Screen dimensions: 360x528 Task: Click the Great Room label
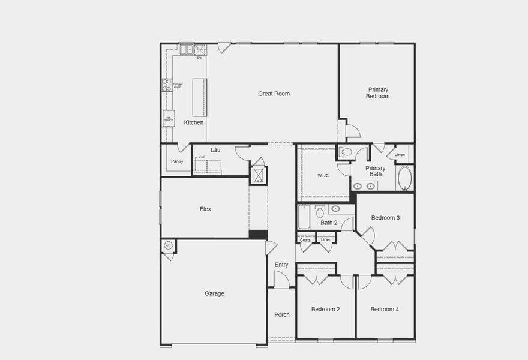pyautogui.click(x=274, y=94)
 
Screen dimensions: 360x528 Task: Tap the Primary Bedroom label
pyautogui.click(x=378, y=93)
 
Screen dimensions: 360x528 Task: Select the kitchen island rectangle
pyautogui.click(x=199, y=97)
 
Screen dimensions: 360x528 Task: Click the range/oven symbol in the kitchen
pyautogui.click(x=167, y=85)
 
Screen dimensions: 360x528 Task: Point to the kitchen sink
pyautogui.click(x=187, y=50)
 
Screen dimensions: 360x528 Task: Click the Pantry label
pyautogui.click(x=177, y=161)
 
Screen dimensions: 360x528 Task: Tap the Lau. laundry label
pyautogui.click(x=216, y=150)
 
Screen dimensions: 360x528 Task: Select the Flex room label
pyautogui.click(x=205, y=209)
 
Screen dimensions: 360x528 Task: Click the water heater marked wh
pyautogui.click(x=168, y=245)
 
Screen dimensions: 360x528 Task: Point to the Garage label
pyautogui.click(x=214, y=293)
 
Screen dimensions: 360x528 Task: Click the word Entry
pyautogui.click(x=281, y=265)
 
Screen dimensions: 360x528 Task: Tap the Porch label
pyautogui.click(x=281, y=314)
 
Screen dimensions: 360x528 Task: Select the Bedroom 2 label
pyautogui.click(x=325, y=310)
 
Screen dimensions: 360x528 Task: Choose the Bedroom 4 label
pyautogui.click(x=384, y=310)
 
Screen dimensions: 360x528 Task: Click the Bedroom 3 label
pyautogui.click(x=385, y=218)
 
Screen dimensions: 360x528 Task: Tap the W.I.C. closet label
pyautogui.click(x=323, y=176)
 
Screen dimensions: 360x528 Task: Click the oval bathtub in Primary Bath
pyautogui.click(x=405, y=178)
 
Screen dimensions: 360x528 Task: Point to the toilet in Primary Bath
pyautogui.click(x=345, y=152)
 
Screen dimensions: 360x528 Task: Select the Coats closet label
pyautogui.click(x=305, y=240)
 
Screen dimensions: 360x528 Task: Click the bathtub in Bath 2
pyautogui.click(x=304, y=217)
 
